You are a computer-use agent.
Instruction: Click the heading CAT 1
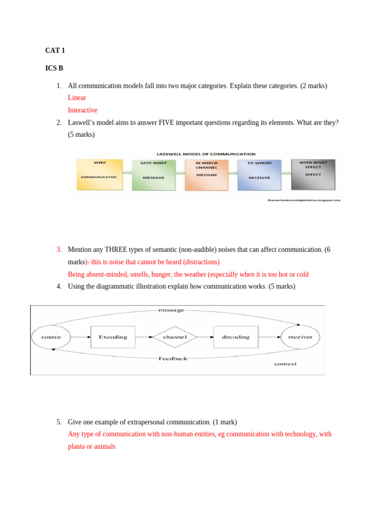pos(55,51)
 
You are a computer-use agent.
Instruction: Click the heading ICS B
pos(54,68)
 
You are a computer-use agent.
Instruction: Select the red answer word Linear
pos(77,98)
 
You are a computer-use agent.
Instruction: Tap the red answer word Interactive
pos(83,110)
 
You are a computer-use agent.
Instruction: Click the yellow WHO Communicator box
pos(99,174)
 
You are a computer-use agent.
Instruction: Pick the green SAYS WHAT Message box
pos(153,175)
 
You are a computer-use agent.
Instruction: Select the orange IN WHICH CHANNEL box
pos(206,175)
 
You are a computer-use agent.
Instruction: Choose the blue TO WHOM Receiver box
pos(259,175)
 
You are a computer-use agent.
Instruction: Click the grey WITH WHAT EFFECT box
pos(313,174)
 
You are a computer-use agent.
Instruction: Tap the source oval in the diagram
pos(51,337)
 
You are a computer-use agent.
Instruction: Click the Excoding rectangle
pos(113,337)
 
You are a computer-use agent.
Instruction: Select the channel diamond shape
pos(175,337)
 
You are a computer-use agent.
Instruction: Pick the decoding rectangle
pos(236,337)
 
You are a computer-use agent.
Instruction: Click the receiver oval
pos(300,337)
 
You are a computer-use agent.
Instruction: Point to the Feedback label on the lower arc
pos(173,359)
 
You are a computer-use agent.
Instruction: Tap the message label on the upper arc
pos(171,310)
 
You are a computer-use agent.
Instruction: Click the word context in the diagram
pos(285,364)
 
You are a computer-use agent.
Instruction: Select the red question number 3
pos(59,249)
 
